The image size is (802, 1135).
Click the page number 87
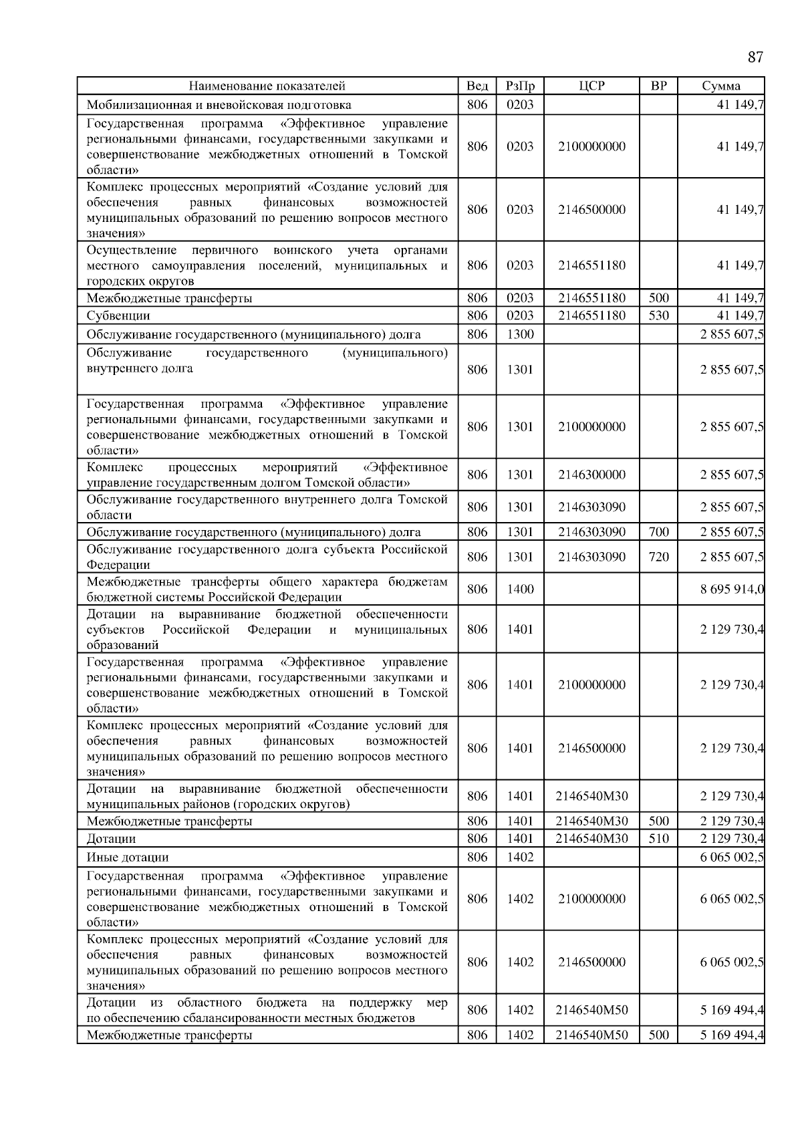click(x=755, y=57)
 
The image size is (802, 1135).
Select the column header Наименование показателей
click(x=267, y=86)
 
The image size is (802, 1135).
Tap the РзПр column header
click(x=520, y=86)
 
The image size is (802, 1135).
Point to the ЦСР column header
click(x=591, y=86)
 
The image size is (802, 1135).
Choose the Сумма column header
click(x=721, y=86)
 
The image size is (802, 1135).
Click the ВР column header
click(x=658, y=86)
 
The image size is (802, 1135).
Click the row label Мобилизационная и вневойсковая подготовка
click(x=219, y=104)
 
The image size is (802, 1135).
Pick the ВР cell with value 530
click(x=658, y=316)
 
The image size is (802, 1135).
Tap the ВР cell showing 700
click(x=658, y=532)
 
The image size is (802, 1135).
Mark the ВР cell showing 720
click(x=658, y=557)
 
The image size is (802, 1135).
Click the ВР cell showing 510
click(x=658, y=839)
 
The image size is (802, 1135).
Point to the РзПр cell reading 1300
click(x=520, y=334)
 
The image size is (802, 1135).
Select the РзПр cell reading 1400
click(x=520, y=590)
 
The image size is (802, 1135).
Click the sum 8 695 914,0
click(x=732, y=590)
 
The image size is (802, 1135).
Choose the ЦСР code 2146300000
click(x=591, y=475)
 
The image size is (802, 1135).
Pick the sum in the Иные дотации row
click(x=732, y=858)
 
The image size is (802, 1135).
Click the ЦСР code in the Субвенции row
click(x=591, y=316)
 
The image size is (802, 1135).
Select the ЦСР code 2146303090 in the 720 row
click(x=591, y=557)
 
